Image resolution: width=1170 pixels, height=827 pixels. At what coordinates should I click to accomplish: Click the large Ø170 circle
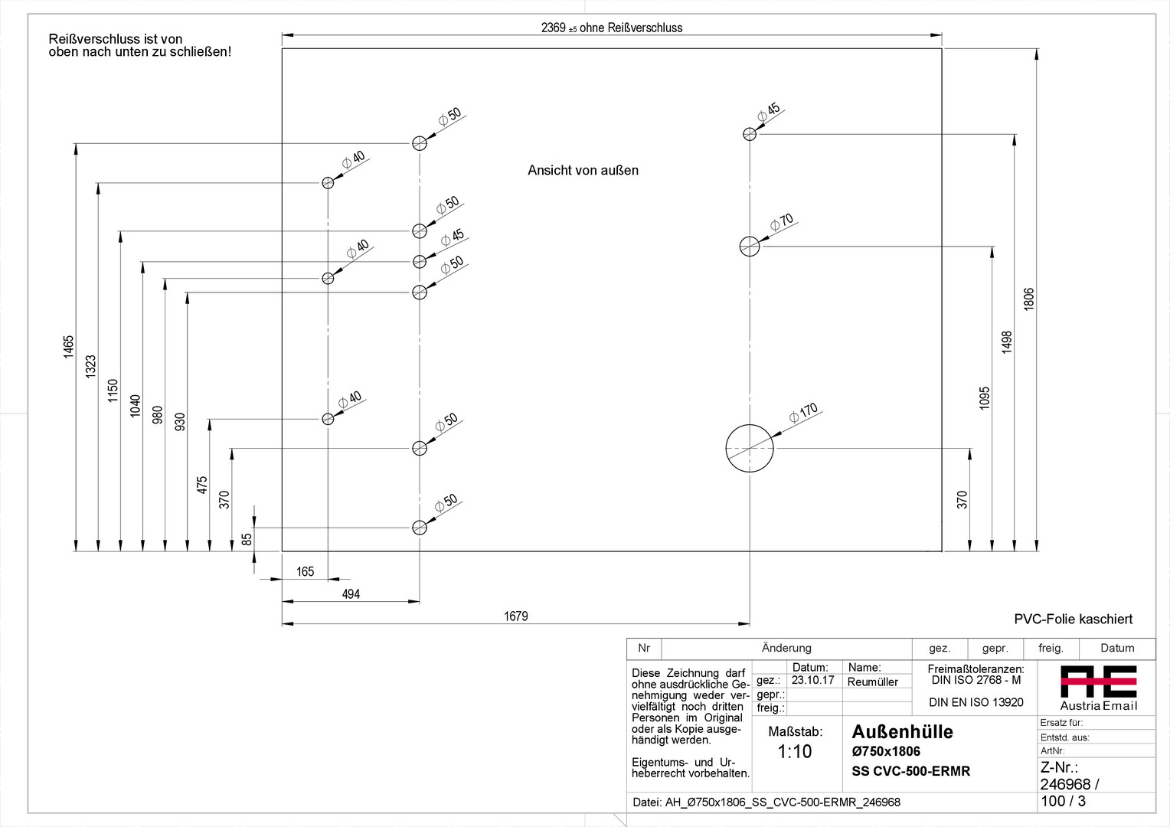[x=750, y=449]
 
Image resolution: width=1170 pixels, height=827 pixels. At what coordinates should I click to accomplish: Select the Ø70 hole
[x=750, y=246]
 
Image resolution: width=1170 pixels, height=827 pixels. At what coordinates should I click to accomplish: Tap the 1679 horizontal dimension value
[x=515, y=616]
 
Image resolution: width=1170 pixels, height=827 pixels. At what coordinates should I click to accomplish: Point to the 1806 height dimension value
[x=1029, y=299]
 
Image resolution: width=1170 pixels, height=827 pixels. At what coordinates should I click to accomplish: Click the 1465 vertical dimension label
[x=69, y=346]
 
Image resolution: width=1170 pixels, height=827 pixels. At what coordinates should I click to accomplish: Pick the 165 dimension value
[x=305, y=572]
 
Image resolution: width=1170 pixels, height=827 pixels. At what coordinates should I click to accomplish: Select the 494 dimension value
[x=351, y=594]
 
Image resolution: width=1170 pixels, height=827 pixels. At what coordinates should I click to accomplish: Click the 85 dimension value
[x=247, y=539]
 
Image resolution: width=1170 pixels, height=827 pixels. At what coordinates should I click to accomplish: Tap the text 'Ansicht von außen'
[x=583, y=170]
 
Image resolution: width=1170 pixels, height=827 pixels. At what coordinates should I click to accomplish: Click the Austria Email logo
[x=1098, y=687]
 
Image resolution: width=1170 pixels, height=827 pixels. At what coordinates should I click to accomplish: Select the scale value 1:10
[x=795, y=751]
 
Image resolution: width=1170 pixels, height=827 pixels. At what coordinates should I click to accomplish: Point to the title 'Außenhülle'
[x=902, y=732]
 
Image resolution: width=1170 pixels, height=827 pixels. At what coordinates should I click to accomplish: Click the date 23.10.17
[x=812, y=680]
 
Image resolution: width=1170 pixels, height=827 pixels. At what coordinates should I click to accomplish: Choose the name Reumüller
[x=872, y=682]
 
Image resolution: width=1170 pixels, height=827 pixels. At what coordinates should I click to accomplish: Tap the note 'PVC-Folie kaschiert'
[x=1073, y=619]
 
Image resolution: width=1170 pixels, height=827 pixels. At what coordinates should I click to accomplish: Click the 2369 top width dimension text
[x=611, y=28]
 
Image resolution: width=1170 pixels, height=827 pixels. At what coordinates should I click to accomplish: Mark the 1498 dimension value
[x=1007, y=342]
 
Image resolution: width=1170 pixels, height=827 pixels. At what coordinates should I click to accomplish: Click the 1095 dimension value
[x=985, y=397]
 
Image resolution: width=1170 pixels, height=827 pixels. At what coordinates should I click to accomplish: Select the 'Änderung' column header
[x=786, y=648]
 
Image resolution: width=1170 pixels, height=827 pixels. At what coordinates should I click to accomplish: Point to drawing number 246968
[x=1065, y=784]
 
